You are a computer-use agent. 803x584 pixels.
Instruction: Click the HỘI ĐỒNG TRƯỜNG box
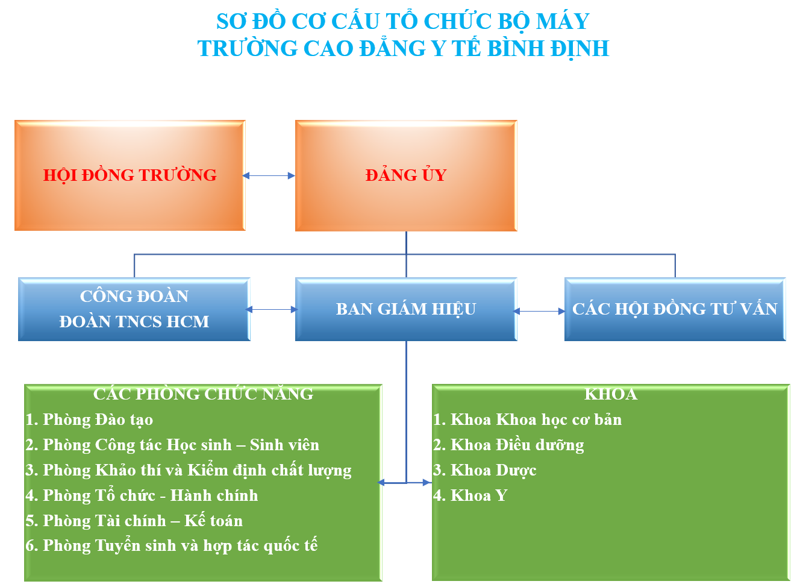pos(130,175)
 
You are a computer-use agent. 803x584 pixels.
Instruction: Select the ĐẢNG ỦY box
pos(405,175)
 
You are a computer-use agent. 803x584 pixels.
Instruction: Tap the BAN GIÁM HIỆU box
pos(405,309)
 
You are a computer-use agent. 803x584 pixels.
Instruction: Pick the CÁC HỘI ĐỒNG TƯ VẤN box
pos(675,309)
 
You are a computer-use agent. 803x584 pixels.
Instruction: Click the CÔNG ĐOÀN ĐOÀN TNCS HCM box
pos(134,309)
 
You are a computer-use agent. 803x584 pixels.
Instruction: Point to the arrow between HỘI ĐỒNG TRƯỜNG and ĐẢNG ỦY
pos(269,176)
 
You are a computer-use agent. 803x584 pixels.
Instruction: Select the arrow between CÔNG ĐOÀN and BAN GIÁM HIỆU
pos(272,310)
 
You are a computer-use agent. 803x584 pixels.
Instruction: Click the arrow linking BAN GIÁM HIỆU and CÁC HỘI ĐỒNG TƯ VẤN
pos(540,312)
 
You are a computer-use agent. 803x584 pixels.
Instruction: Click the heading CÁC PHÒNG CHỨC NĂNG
pos(203,394)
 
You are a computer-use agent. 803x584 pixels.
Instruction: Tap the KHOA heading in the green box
pos(610,394)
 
